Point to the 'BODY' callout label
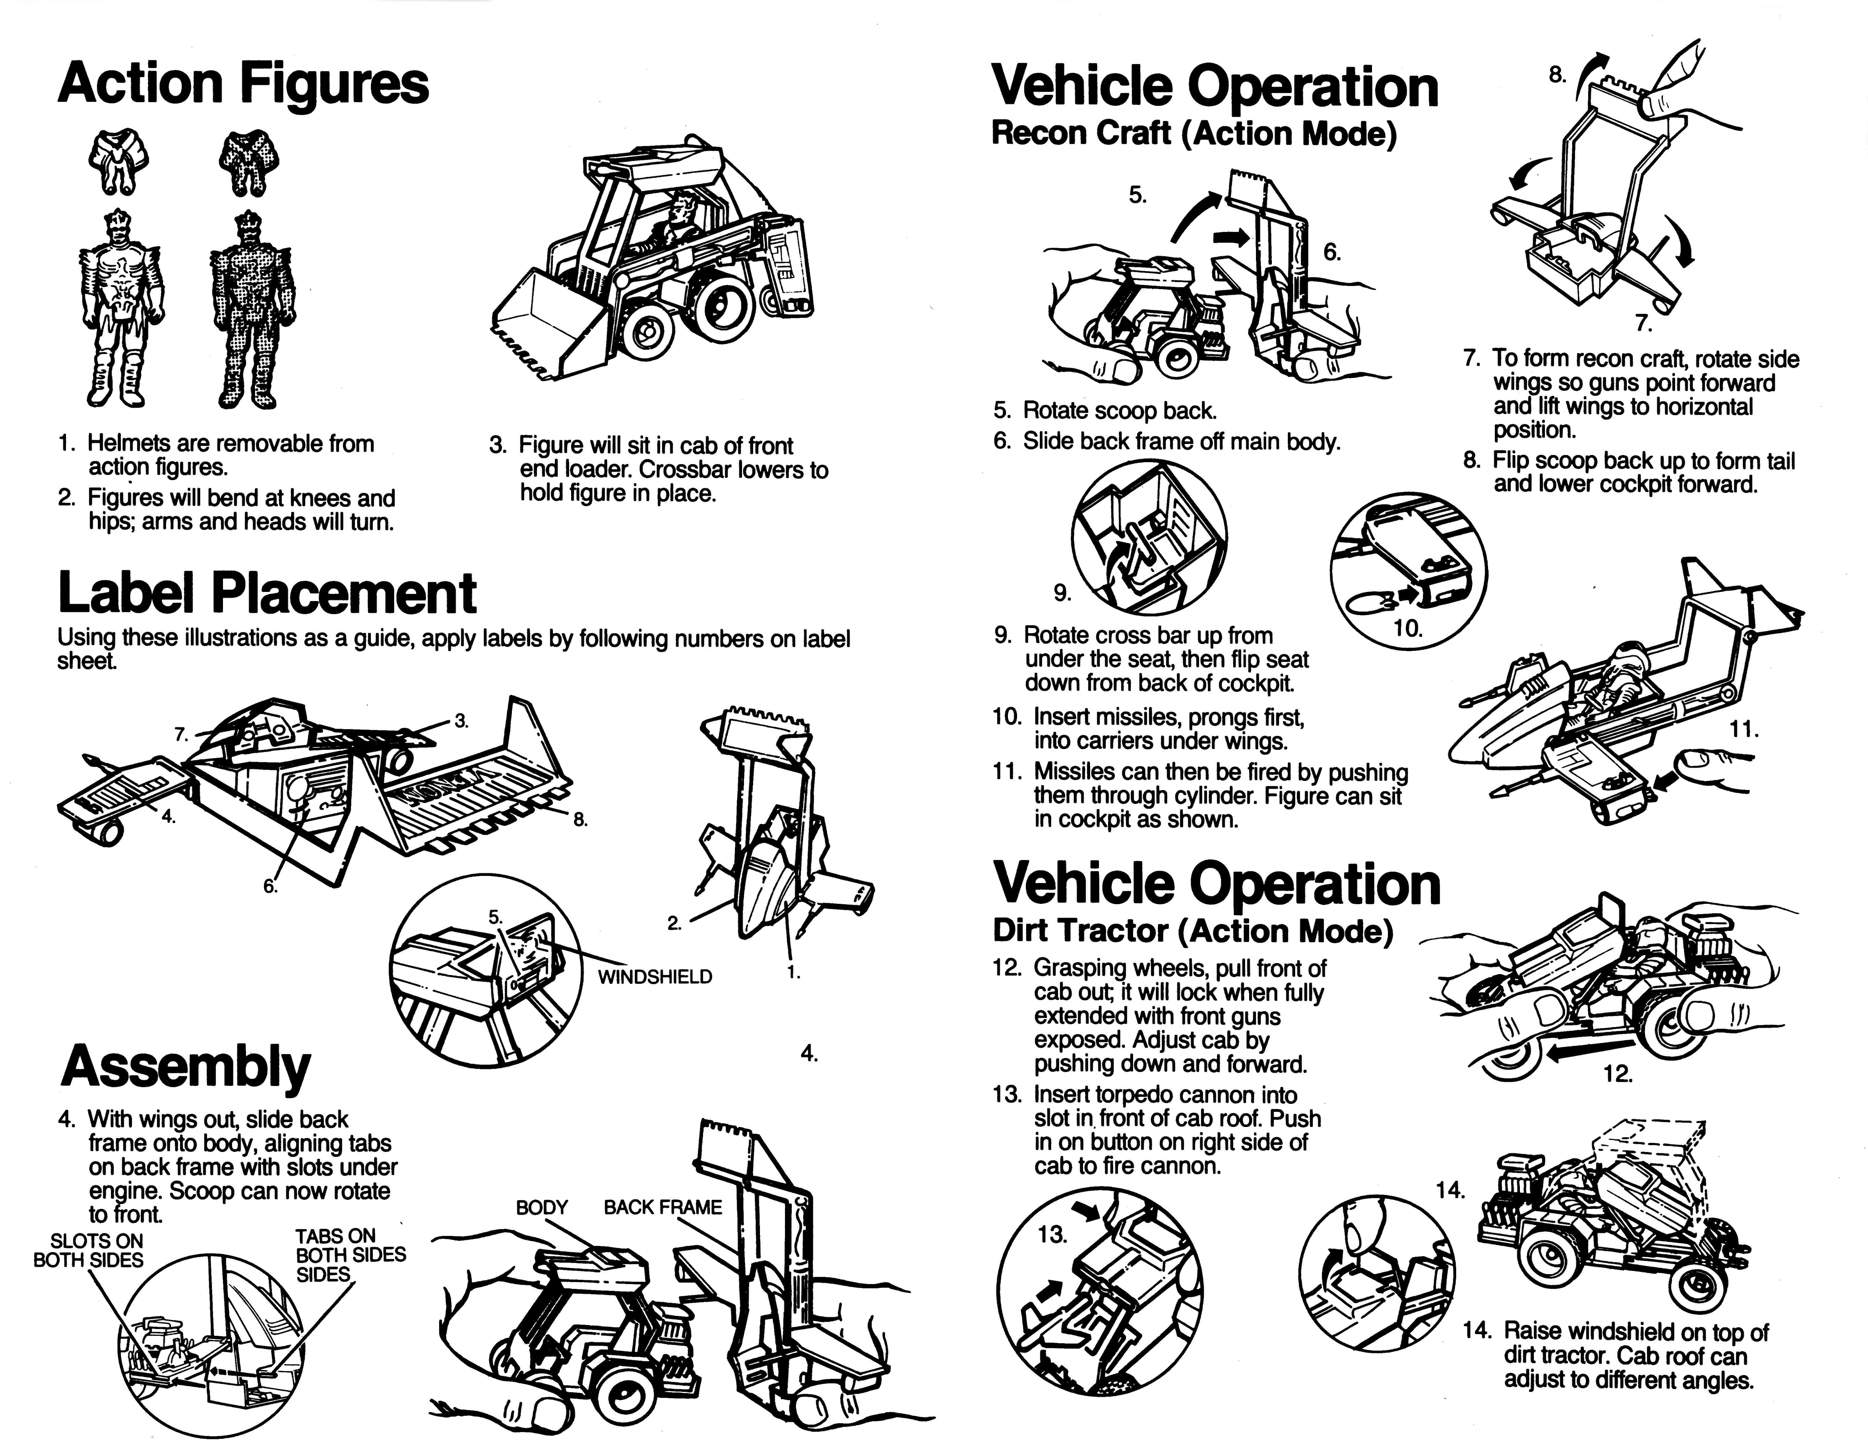[x=542, y=1207]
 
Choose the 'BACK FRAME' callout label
[x=663, y=1207]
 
